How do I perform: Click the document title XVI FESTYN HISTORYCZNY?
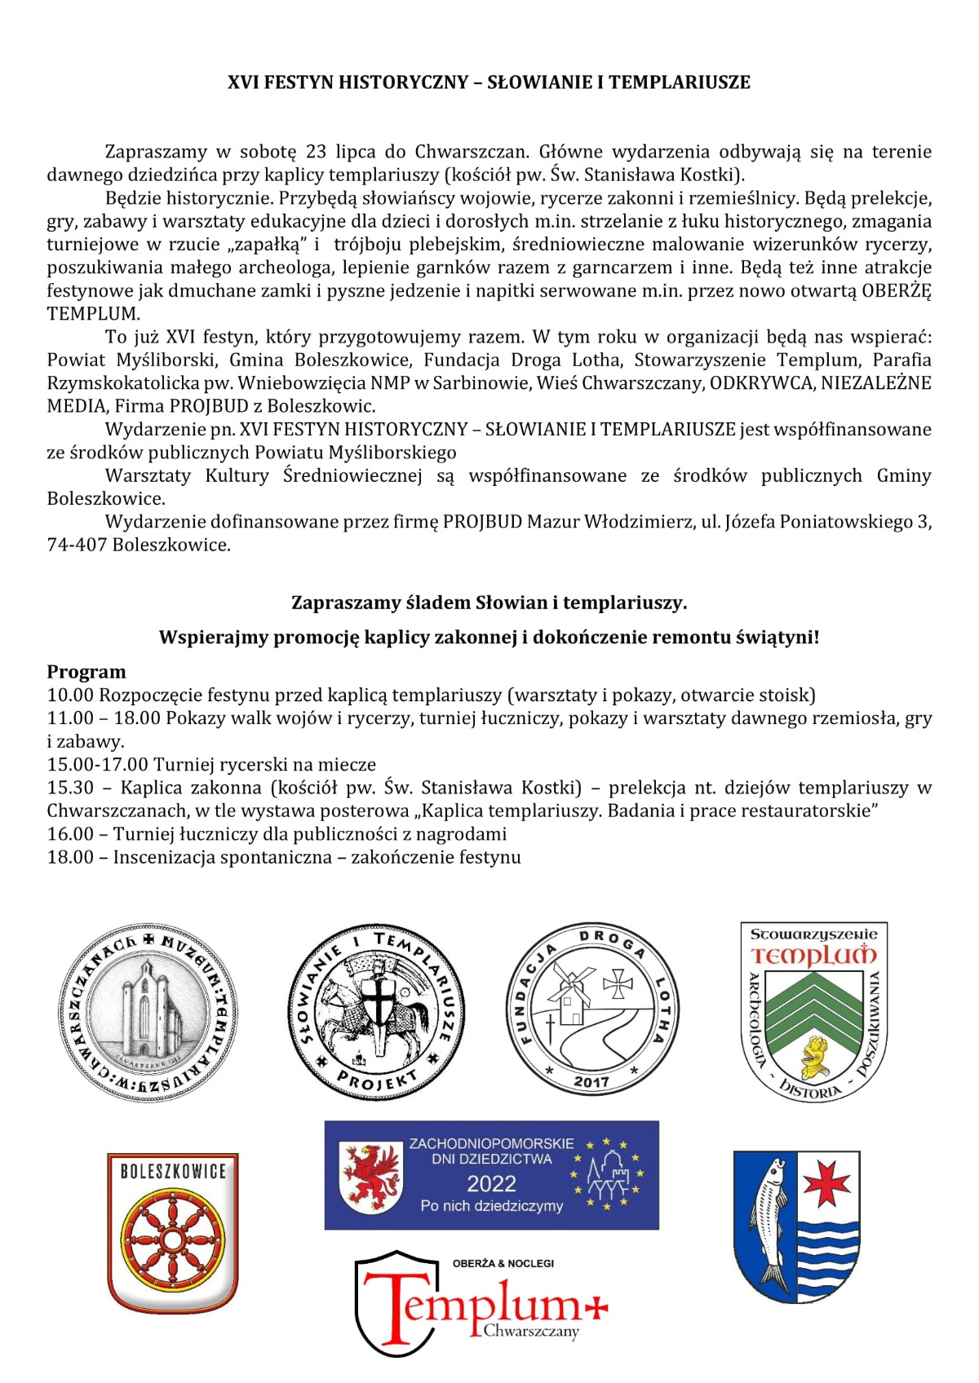coord(489,82)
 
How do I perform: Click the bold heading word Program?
coord(86,672)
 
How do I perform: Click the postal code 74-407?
coord(77,545)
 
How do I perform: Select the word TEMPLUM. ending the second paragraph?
coord(93,314)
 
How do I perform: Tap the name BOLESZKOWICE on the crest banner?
coord(173,1172)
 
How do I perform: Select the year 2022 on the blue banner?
coord(491,1183)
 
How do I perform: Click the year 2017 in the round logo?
coord(591,1081)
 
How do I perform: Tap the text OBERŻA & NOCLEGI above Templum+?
coord(503,1263)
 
